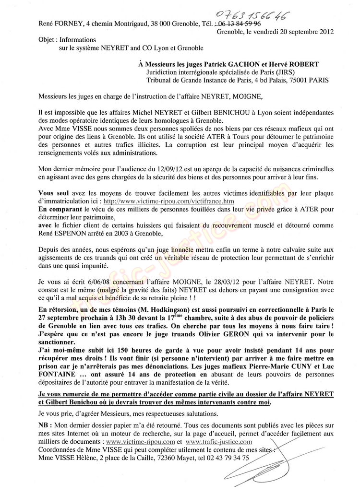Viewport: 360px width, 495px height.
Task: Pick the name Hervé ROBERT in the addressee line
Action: [285, 64]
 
